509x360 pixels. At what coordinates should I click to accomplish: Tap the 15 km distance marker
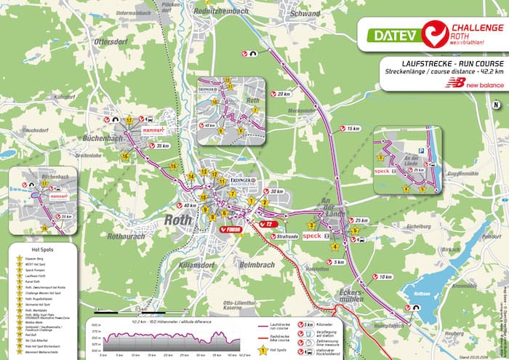pos(353,129)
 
